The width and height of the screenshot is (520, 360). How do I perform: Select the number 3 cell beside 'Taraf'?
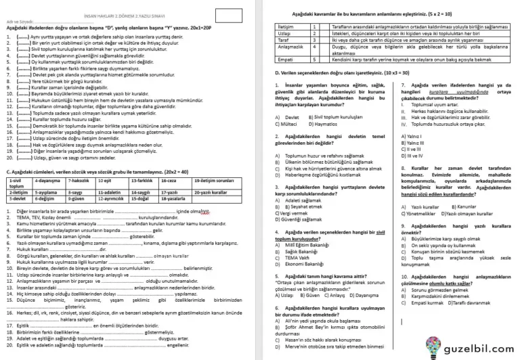(316, 40)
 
